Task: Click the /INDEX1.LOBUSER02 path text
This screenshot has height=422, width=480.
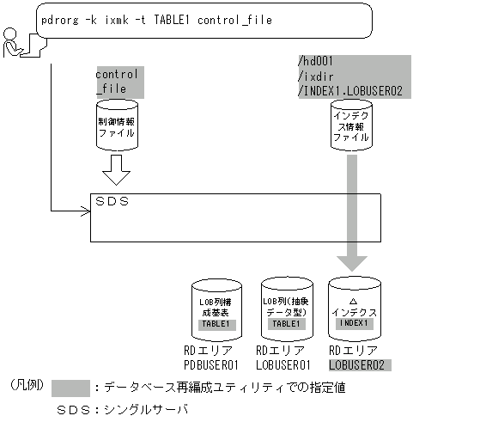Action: coord(349,89)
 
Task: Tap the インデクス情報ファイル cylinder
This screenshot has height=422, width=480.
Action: coord(351,125)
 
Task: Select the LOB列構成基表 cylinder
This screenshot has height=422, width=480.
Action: coord(216,308)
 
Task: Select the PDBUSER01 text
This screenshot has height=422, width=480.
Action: coord(217,365)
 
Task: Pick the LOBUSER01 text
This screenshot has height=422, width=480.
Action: coord(284,365)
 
